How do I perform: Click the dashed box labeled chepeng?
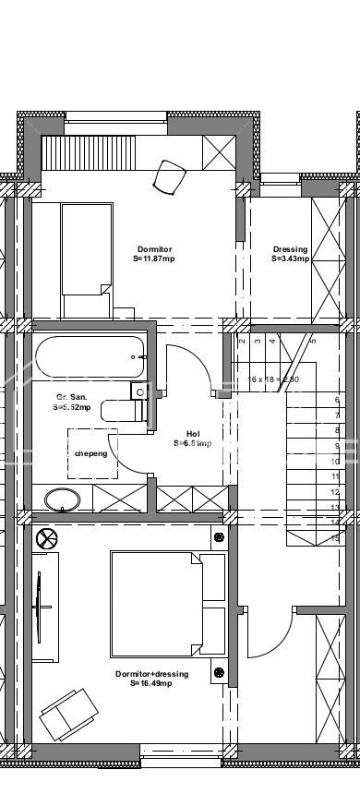(90, 454)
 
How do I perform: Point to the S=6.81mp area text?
(192, 443)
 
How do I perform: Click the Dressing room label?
(290, 250)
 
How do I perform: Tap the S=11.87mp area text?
(153, 259)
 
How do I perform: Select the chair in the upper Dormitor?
(170, 174)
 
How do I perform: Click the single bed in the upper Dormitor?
(85, 249)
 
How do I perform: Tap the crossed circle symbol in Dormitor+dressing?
(45, 537)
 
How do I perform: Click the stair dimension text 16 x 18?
(272, 379)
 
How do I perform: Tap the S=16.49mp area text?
(152, 684)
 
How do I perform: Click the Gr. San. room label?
(71, 397)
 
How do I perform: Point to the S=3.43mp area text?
(290, 259)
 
